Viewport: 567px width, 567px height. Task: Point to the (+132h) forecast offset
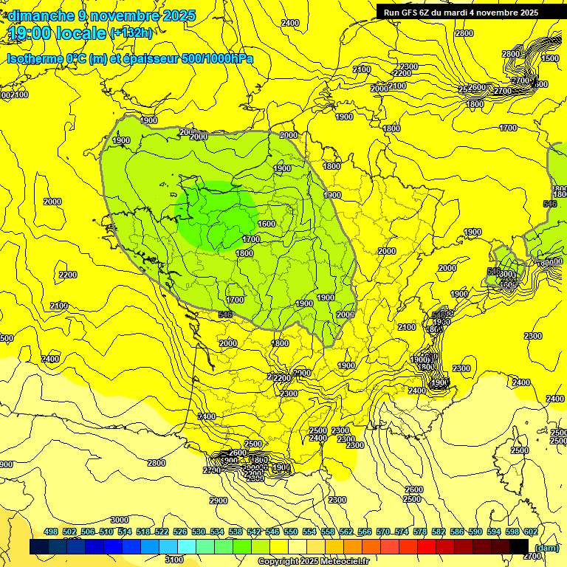click(131, 32)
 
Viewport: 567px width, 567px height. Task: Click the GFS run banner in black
click(461, 13)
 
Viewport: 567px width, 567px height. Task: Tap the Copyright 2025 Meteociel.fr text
click(313, 562)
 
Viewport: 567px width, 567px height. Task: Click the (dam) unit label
click(546, 548)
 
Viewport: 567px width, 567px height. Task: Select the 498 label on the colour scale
click(51, 532)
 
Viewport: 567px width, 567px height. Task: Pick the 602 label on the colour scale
click(530, 532)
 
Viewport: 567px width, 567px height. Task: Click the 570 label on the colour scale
click(383, 532)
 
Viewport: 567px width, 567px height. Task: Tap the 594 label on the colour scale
click(494, 532)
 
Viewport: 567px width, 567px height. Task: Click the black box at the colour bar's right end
click(519, 546)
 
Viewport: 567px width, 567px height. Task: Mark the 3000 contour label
click(119, 520)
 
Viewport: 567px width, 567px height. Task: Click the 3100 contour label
click(173, 560)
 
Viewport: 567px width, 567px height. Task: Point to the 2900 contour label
click(218, 501)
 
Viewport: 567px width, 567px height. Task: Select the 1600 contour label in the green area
click(267, 224)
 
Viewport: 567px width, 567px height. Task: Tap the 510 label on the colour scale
click(106, 532)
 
